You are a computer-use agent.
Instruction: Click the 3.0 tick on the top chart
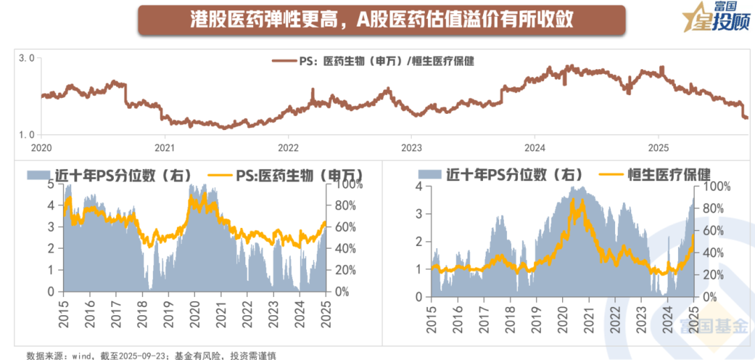pos(27,59)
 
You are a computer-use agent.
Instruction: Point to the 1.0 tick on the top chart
pos(27,134)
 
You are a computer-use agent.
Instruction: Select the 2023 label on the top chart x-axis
pos(411,147)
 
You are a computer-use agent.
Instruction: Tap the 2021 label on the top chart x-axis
pos(164,147)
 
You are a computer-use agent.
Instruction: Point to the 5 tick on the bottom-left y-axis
pos(50,185)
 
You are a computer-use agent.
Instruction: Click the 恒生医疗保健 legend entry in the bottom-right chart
pos(668,175)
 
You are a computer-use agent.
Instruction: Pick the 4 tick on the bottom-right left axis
pos(419,187)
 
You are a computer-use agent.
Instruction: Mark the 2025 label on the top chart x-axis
pos(658,147)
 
